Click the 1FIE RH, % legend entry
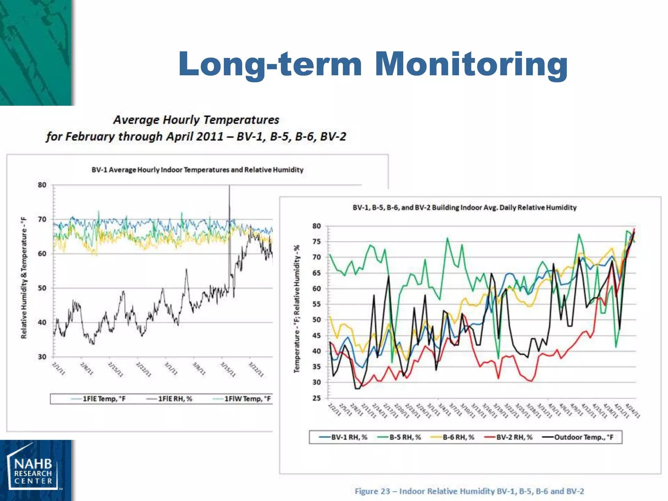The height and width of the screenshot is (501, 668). click(170, 399)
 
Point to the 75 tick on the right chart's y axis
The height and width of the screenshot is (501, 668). click(316, 242)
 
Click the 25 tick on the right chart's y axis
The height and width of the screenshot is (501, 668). click(316, 398)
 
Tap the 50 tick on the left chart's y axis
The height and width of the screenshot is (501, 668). click(42, 288)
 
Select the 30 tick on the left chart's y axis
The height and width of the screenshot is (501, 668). click(42, 357)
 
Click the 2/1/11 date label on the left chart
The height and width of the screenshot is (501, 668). click(59, 369)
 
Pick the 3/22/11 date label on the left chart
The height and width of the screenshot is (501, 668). click(256, 369)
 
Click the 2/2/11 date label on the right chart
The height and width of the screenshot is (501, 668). click(335, 410)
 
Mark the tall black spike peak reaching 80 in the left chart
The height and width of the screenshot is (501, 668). click(229, 187)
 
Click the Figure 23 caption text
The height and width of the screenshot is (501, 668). click(469, 491)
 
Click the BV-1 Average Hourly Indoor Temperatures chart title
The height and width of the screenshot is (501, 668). click(197, 170)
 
